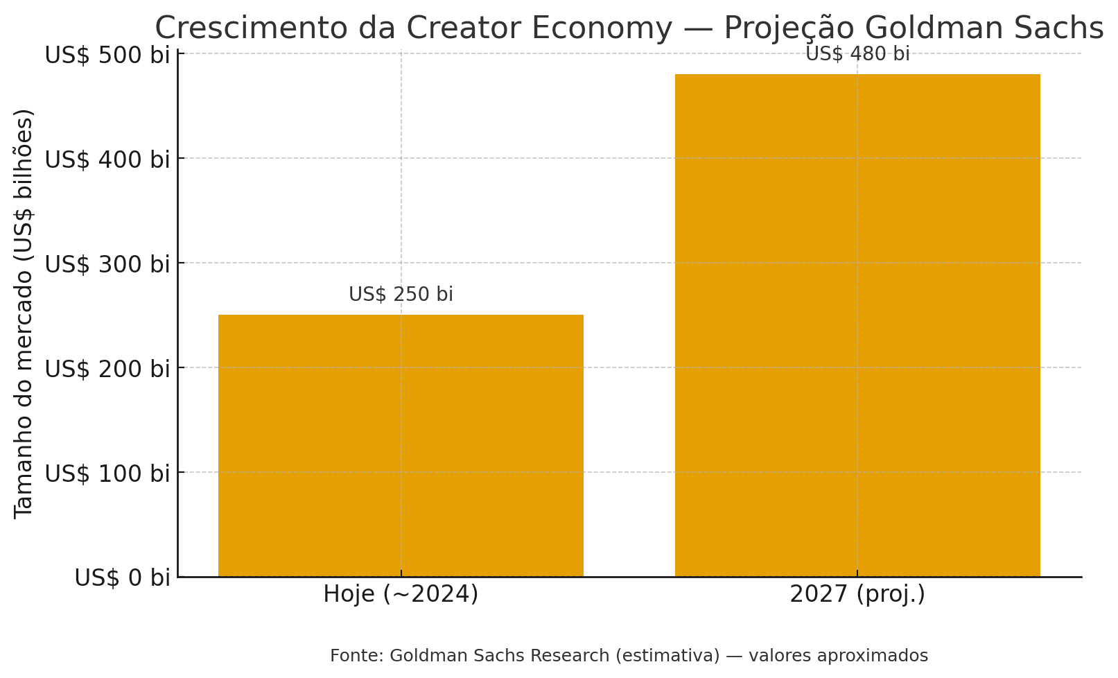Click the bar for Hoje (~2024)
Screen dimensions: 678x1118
pyautogui.click(x=401, y=445)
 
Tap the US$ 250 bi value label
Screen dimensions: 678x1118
pyautogui.click(x=401, y=294)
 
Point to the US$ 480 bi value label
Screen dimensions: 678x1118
pyautogui.click(x=857, y=53)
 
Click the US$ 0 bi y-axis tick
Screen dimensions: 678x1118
pyautogui.click(x=121, y=577)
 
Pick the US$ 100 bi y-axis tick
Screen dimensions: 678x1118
pyautogui.click(x=107, y=473)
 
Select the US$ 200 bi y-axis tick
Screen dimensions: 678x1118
pyautogui.click(x=107, y=368)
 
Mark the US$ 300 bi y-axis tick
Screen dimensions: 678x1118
pyautogui.click(x=107, y=263)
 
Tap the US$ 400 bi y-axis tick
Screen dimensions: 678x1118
pyautogui.click(x=107, y=159)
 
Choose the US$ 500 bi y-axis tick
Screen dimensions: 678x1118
pyautogui.click(x=107, y=54)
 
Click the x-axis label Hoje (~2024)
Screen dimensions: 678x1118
pyautogui.click(x=401, y=594)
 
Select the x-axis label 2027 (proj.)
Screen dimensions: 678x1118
pyautogui.click(x=857, y=594)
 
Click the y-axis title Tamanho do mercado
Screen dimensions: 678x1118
pyautogui.click(x=24, y=313)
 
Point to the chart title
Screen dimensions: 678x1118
pyautogui.click(x=629, y=28)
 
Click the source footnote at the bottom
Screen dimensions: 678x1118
pyautogui.click(x=629, y=655)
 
